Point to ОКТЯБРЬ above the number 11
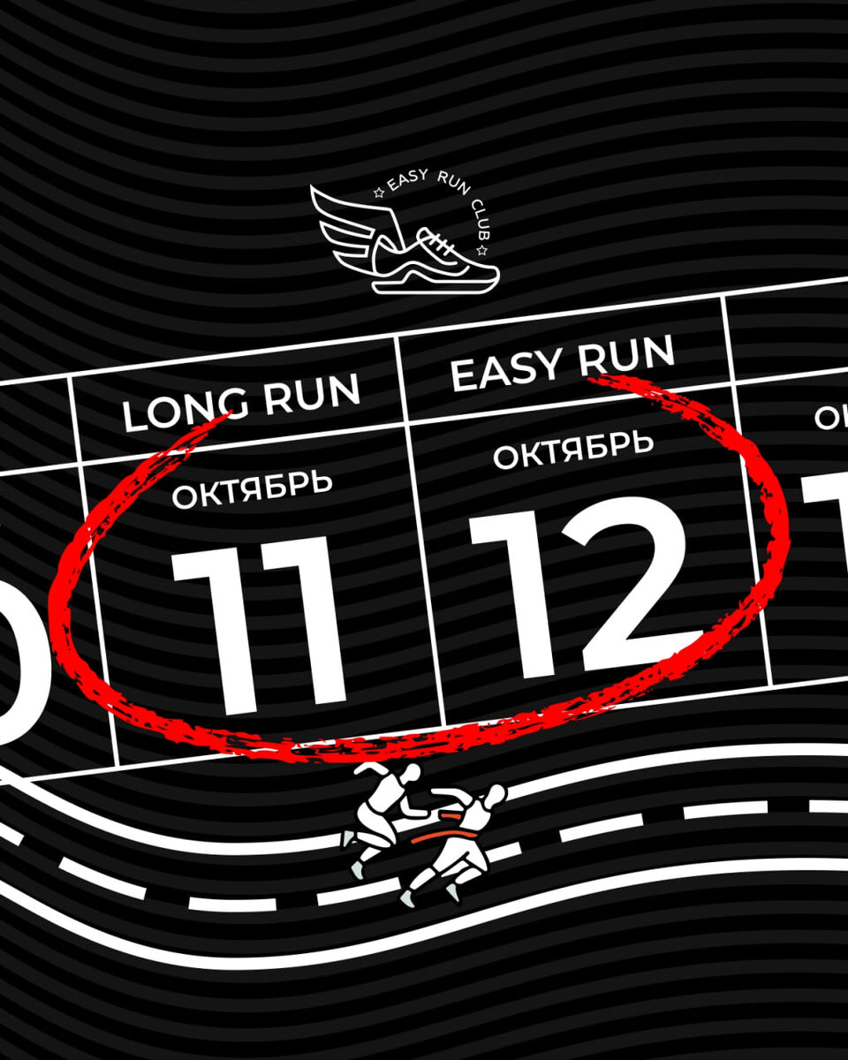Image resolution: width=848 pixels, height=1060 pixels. click(253, 489)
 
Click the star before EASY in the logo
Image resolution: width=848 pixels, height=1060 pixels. click(379, 190)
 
